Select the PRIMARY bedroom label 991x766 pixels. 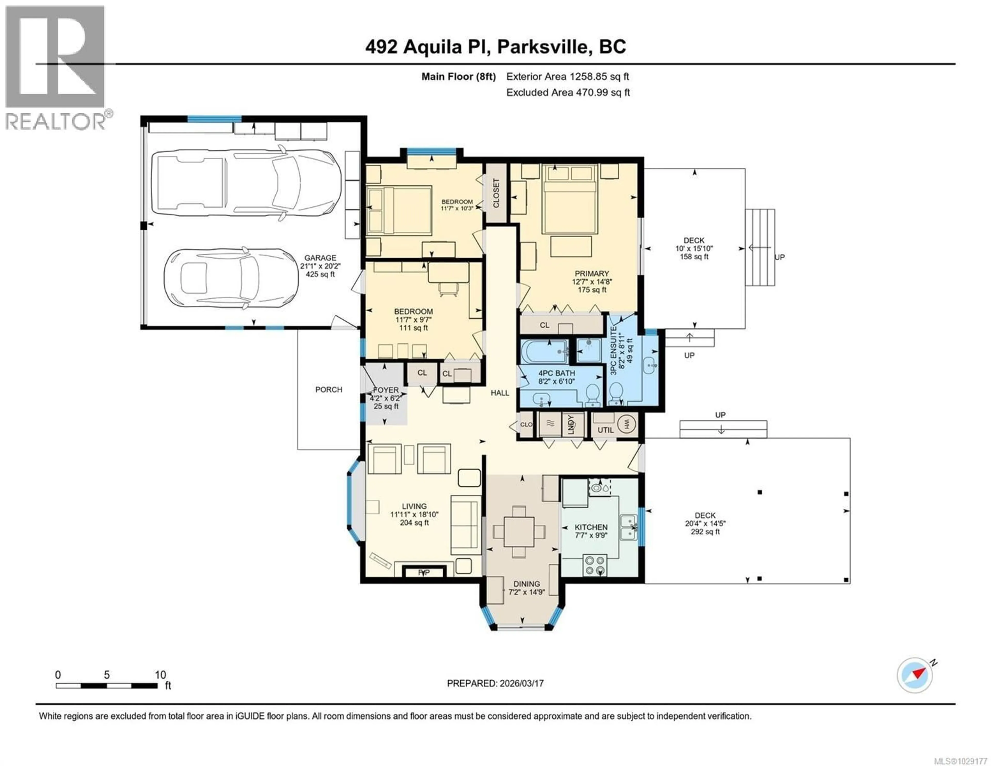(592, 273)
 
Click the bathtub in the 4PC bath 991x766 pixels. (543, 352)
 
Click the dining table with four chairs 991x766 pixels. (519, 531)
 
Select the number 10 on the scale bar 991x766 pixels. (160, 675)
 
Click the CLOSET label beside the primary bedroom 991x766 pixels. (496, 193)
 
